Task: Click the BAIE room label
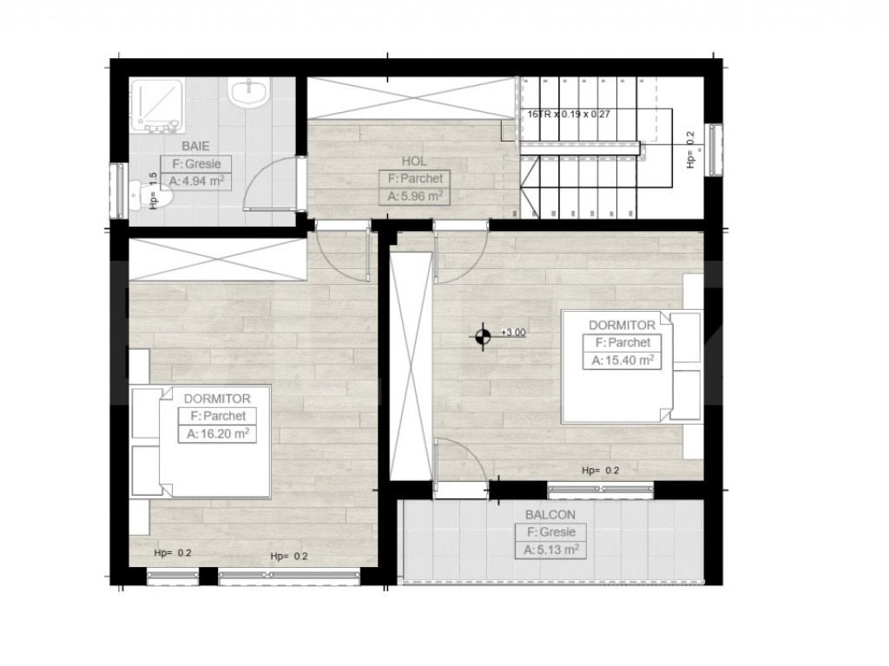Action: click(195, 147)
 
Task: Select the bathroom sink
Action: click(248, 91)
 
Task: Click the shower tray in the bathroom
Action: click(157, 105)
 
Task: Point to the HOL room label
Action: click(414, 162)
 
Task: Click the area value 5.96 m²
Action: click(415, 196)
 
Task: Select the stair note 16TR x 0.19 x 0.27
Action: click(568, 114)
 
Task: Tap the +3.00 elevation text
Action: click(513, 333)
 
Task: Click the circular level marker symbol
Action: click(483, 337)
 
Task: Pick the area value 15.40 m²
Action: click(622, 359)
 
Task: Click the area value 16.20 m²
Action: click(218, 434)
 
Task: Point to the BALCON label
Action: click(550, 515)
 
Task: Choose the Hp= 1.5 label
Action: click(153, 191)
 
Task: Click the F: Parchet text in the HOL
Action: click(415, 179)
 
